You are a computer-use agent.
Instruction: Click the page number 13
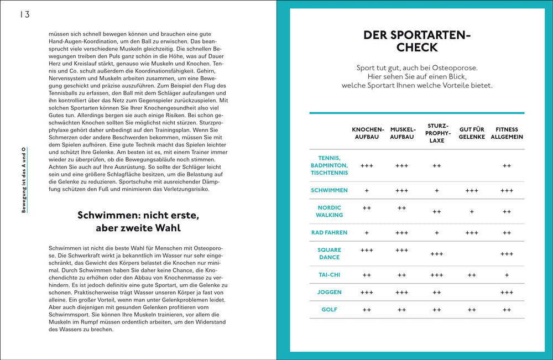point(25,14)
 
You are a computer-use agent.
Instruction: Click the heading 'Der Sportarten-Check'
point(416,41)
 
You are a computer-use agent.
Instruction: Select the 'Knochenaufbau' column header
point(366,133)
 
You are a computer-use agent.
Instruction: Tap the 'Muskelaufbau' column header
point(402,133)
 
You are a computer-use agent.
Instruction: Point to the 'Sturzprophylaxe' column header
point(437,133)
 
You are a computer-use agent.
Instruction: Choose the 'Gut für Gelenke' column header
point(472,133)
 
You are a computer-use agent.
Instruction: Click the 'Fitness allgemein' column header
point(507,133)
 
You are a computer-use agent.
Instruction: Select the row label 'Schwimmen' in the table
point(329,190)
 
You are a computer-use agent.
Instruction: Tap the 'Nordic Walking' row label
point(329,211)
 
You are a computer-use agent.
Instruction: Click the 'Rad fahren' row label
point(329,233)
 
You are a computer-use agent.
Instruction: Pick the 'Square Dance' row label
point(329,254)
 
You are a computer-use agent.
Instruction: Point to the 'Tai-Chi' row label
point(329,275)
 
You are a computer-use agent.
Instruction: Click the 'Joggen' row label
point(329,292)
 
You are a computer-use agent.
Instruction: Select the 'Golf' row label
point(329,310)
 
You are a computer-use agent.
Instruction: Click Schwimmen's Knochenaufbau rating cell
point(367,190)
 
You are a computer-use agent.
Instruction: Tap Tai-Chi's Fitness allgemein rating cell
point(507,275)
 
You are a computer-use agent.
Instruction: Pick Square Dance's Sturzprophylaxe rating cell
point(437,254)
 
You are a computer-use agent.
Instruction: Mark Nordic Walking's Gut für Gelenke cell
point(472,211)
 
